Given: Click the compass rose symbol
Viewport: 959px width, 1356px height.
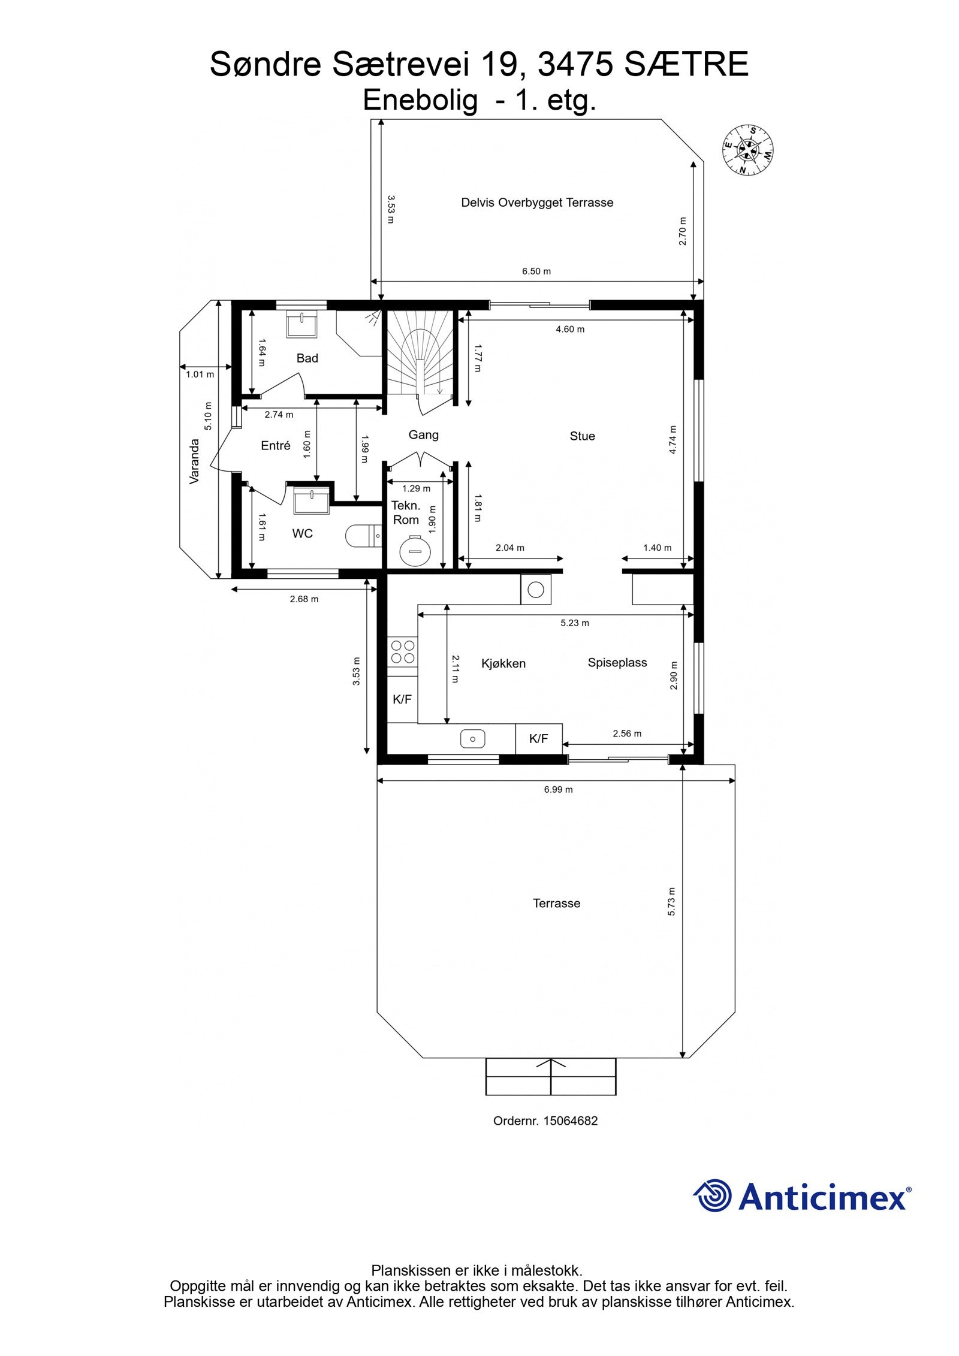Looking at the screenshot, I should coord(747,150).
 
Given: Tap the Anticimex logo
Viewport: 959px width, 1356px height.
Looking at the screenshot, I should coord(802,1197).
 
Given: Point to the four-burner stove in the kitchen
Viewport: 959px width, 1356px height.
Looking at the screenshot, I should coord(402,651).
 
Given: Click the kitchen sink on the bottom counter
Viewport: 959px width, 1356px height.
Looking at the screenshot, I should coord(474,739).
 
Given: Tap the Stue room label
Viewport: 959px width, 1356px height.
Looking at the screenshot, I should coord(582,436).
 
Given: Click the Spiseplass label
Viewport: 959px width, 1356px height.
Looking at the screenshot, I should coord(617,663).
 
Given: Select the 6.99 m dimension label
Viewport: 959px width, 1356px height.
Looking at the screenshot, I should coord(558,789).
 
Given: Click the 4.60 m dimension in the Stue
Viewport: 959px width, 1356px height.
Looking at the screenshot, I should coord(569,329).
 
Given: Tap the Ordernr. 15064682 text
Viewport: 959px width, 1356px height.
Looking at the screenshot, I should coord(545,1121).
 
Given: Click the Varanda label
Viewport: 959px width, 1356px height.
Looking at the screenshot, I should coord(194,461).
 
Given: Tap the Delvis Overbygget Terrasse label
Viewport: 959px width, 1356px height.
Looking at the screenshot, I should coord(536,203).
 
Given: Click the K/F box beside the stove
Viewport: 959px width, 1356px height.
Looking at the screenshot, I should coord(402,699).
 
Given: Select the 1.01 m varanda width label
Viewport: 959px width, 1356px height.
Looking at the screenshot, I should coord(200,375).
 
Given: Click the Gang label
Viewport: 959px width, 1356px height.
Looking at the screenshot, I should coord(423,435).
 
